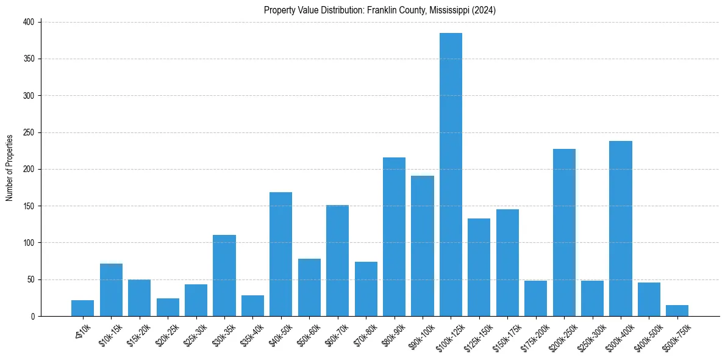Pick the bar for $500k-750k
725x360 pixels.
click(x=677, y=311)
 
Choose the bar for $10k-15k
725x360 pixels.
click(x=111, y=290)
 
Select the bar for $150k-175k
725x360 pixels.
click(x=507, y=263)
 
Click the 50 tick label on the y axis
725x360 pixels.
click(x=32, y=279)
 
